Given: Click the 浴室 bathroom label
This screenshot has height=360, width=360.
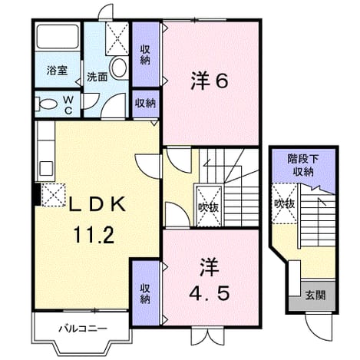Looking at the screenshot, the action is point(57,71).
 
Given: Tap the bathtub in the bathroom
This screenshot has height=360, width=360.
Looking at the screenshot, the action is point(58,37).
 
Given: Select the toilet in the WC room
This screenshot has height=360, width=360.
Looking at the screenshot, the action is point(48,104).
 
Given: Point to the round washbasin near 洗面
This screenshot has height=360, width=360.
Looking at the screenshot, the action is point(119,68).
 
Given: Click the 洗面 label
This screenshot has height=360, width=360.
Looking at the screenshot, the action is point(97,77).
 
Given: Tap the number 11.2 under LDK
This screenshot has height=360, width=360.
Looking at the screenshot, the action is point(94,235).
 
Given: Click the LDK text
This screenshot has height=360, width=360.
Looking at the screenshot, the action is point(97,204).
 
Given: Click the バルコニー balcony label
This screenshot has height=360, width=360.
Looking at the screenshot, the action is point(83,329).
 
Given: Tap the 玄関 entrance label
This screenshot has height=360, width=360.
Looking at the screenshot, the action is point(315,296).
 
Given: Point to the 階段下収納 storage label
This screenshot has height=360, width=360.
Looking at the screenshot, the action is point(303,165).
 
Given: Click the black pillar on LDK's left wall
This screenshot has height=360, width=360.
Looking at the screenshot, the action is point(38,194).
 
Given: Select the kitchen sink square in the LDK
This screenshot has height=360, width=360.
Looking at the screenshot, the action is point(46,168).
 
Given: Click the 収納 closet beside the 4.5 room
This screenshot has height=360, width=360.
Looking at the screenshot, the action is point(146,293).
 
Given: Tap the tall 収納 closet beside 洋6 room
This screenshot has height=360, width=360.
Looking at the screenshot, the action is point(146,54).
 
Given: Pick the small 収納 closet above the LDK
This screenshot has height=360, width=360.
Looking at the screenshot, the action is point(146,103).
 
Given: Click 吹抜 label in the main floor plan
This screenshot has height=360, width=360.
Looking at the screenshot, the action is point(209,207).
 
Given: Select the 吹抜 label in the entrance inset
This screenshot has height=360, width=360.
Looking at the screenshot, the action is point(285,203).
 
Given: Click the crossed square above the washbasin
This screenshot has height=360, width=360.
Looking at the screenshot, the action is point(117,38).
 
